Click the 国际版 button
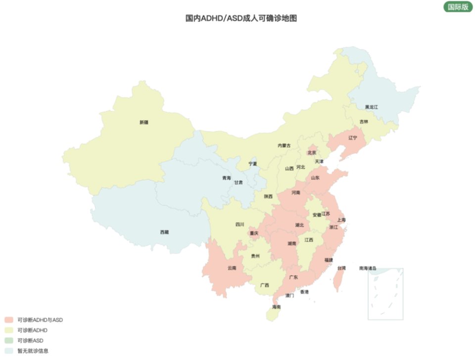(458, 7)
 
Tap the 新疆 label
(143, 122)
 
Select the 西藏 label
(164, 232)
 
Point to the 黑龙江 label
(371, 107)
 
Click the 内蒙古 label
(284, 145)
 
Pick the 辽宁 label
(352, 137)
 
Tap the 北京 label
(312, 153)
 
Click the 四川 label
(239, 225)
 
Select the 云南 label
(232, 268)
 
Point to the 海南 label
(276, 307)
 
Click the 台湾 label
(341, 268)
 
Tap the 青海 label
(226, 178)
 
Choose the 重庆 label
(254, 233)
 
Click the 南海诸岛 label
(368, 268)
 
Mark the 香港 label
(304, 292)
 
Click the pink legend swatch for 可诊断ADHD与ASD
(9, 320)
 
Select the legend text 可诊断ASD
(31, 341)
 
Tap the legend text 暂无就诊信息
(33, 351)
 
